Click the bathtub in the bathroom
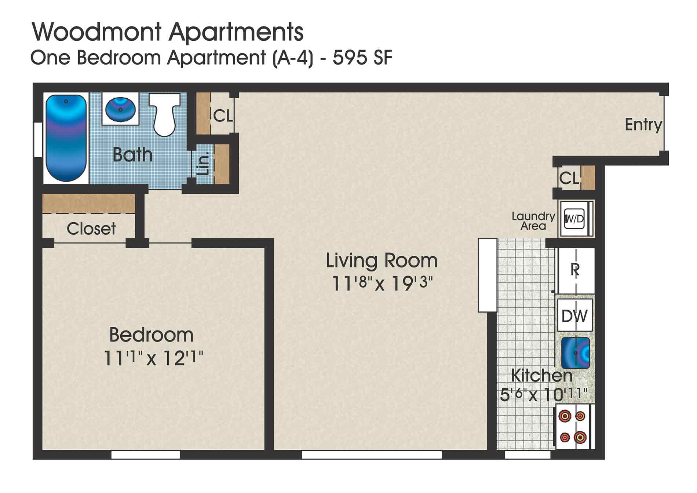tap(66, 138)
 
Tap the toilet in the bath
tap(165, 114)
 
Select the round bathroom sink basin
tap(120, 109)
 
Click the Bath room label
tap(132, 155)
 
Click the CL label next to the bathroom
tap(223, 116)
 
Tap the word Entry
tap(643, 125)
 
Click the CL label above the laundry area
tap(569, 179)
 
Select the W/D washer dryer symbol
tap(574, 219)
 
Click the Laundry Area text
tap(533, 221)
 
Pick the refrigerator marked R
tap(575, 270)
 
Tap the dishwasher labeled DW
tap(574, 316)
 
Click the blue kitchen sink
tap(575, 353)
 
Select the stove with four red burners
tap(573, 427)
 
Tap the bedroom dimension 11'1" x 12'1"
tap(153, 358)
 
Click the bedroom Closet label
tap(91, 229)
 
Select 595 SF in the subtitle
tap(362, 58)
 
